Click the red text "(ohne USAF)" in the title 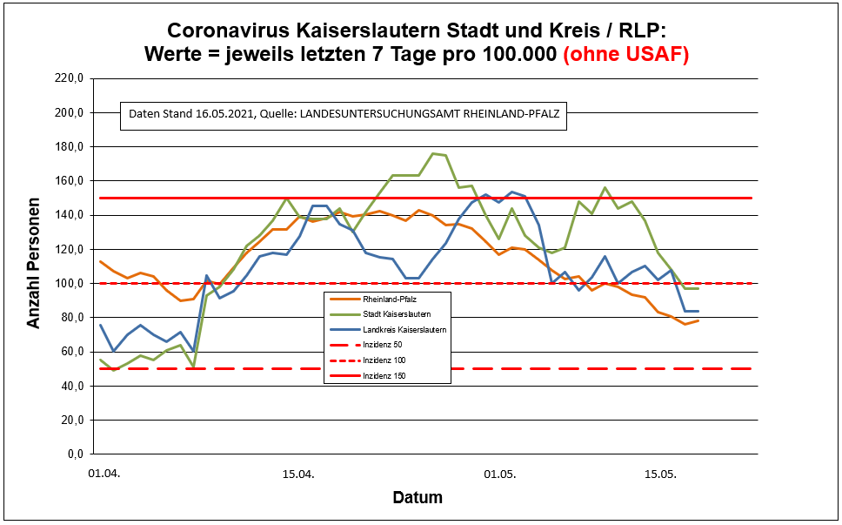[x=626, y=54]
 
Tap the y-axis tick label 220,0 [x=68, y=78]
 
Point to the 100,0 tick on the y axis [x=68, y=284]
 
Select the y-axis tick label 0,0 [x=73, y=454]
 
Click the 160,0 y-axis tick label [x=68, y=181]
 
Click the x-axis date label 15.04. [x=298, y=475]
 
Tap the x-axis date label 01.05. [x=499, y=475]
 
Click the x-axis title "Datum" [x=418, y=499]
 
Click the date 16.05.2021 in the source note [x=221, y=114]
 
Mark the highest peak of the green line [x=433, y=153]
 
